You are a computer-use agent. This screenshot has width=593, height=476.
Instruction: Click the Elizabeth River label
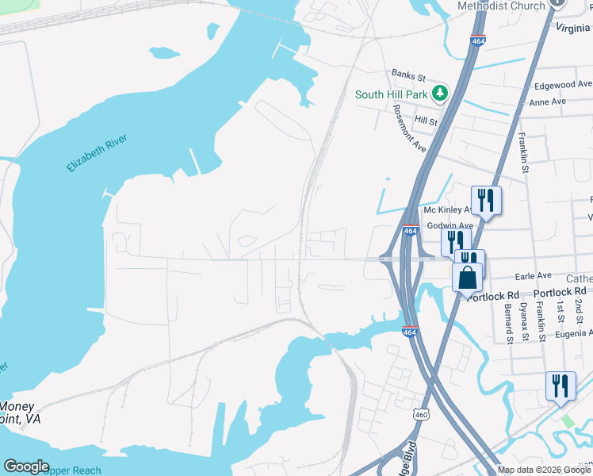(98, 154)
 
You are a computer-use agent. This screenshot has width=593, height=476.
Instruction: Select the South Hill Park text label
(391, 94)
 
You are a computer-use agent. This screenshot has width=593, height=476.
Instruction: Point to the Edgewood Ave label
(562, 84)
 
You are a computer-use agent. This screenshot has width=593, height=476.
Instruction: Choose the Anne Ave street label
(547, 102)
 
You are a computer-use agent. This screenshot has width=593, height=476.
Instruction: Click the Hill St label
(426, 121)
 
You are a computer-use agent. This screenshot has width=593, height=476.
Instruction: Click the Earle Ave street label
(534, 275)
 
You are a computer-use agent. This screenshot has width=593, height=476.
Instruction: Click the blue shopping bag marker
(468, 278)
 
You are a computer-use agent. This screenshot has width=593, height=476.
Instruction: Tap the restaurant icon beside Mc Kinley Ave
(485, 200)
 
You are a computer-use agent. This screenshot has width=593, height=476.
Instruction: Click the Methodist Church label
(502, 6)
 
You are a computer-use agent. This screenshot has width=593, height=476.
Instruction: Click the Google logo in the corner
(26, 466)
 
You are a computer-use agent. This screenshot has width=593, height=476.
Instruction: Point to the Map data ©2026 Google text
(544, 470)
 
